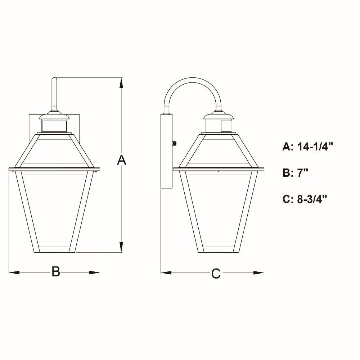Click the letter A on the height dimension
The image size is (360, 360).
pyautogui.click(x=121, y=160)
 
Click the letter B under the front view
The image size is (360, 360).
pyautogui.click(x=55, y=271)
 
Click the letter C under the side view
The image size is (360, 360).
pyautogui.click(x=216, y=273)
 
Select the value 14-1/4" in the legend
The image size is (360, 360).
pyautogui.click(x=315, y=147)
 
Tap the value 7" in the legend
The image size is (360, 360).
pyautogui.click(x=303, y=173)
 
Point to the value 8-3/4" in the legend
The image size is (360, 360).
pyautogui.click(x=312, y=199)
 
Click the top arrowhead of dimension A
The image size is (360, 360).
pyautogui.click(x=121, y=84)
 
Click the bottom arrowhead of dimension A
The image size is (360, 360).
pyautogui.click(x=121, y=247)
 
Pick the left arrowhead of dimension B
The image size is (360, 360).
pyautogui.click(x=14, y=273)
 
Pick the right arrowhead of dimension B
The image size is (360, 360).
pyautogui.click(x=94, y=273)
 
